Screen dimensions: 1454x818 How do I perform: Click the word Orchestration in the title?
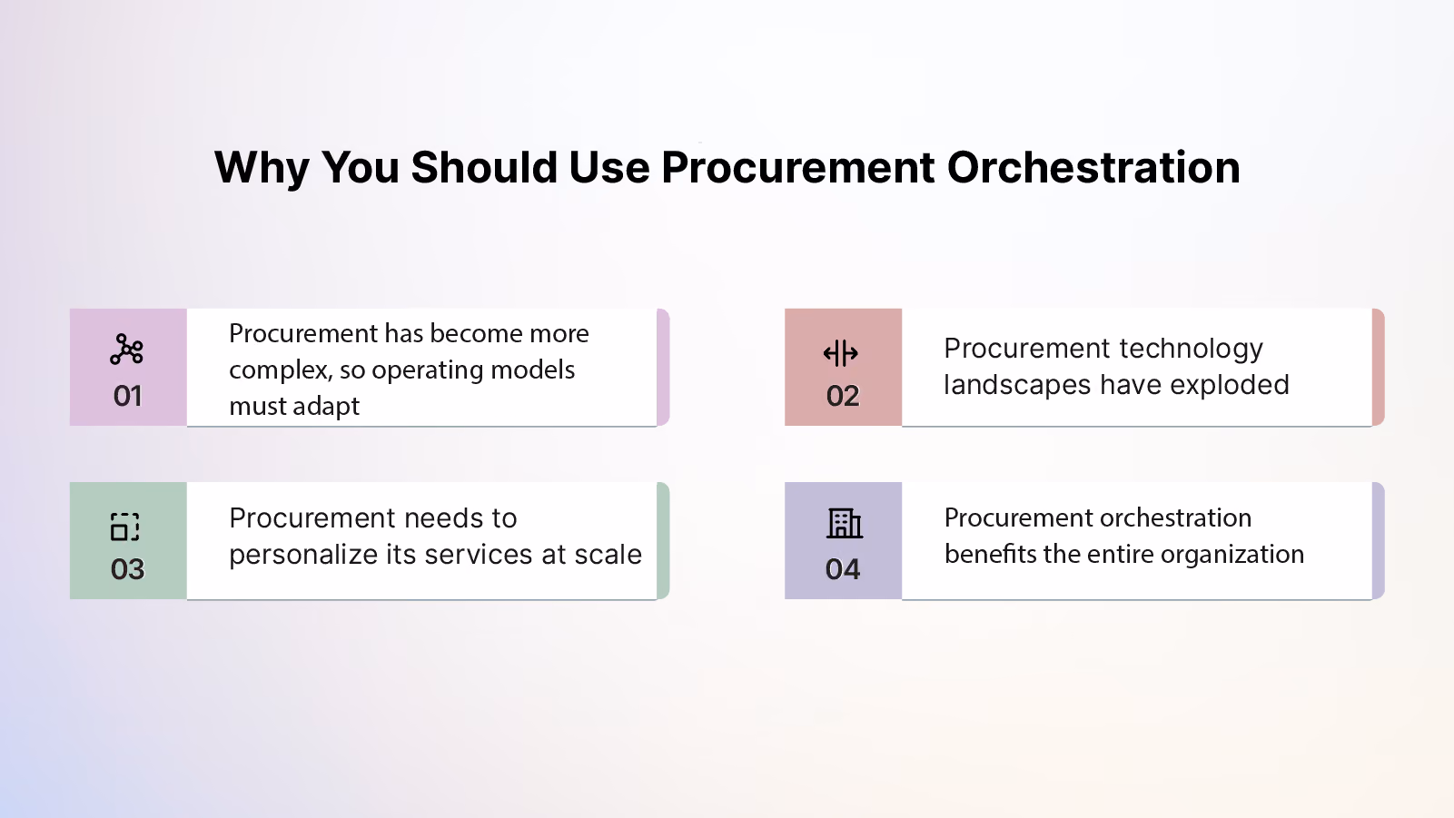point(1093,167)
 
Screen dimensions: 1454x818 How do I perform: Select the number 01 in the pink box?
point(127,396)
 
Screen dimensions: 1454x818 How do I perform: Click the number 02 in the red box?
point(843,396)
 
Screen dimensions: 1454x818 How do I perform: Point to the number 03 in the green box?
point(127,569)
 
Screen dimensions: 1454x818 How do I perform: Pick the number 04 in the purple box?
point(843,569)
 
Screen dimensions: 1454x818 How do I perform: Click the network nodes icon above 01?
point(126,350)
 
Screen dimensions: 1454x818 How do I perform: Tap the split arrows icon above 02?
point(841,353)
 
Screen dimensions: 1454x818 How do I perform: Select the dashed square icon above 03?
point(124,526)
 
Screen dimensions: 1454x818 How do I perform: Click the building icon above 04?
point(845,523)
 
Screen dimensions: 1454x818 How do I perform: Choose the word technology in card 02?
point(1191,350)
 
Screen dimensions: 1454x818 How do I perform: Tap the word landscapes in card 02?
point(1017,386)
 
